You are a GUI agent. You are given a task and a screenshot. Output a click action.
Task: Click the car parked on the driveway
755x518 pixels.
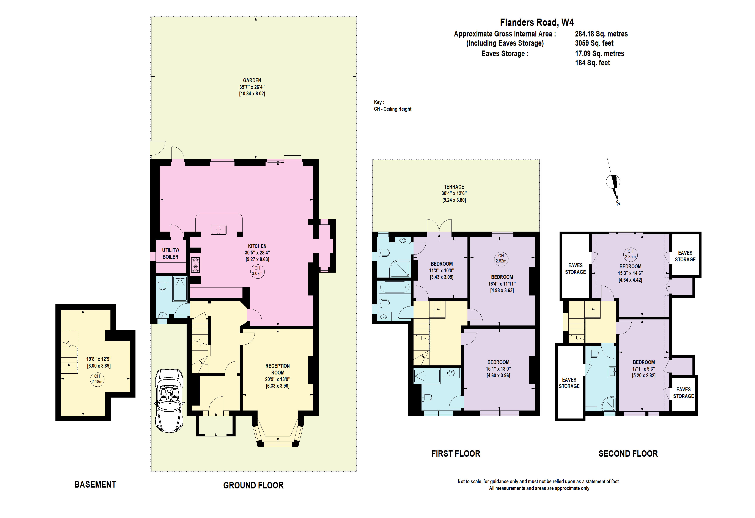(x=169, y=400)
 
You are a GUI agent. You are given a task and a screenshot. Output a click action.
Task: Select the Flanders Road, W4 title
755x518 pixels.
(x=537, y=22)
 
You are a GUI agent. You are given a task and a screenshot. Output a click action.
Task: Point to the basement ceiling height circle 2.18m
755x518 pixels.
(x=97, y=379)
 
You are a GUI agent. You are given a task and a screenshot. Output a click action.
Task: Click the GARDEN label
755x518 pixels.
(x=252, y=80)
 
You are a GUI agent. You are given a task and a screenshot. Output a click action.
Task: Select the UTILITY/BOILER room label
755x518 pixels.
(x=171, y=253)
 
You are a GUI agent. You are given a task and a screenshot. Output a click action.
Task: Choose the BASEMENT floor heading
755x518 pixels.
(x=95, y=485)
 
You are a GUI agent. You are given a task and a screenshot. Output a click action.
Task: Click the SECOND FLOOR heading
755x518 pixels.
(x=628, y=454)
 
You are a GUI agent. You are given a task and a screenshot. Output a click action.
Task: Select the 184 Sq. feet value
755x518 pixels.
(x=593, y=63)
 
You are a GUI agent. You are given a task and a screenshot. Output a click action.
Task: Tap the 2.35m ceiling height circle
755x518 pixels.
(x=630, y=254)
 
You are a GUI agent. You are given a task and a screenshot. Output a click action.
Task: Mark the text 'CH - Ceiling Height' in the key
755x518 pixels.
(x=392, y=109)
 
